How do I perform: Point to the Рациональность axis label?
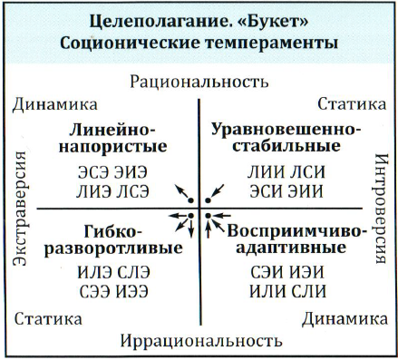point(199,81)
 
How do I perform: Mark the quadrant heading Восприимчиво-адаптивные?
point(284,237)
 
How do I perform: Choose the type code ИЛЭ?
point(88,270)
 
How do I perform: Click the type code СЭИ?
point(261,270)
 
